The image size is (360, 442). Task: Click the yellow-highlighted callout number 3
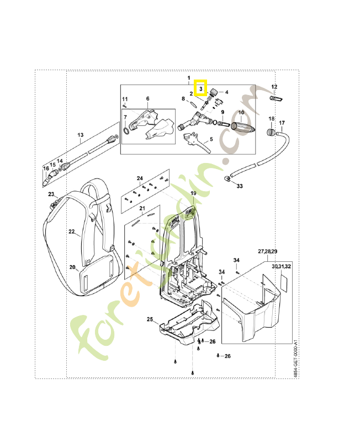click(201, 88)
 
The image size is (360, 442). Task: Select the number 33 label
click(239, 186)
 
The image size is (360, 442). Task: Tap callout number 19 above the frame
click(193, 192)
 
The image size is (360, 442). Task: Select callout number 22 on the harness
click(71, 232)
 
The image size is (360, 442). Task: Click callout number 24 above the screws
click(140, 178)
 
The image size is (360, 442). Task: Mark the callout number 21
click(142, 208)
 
